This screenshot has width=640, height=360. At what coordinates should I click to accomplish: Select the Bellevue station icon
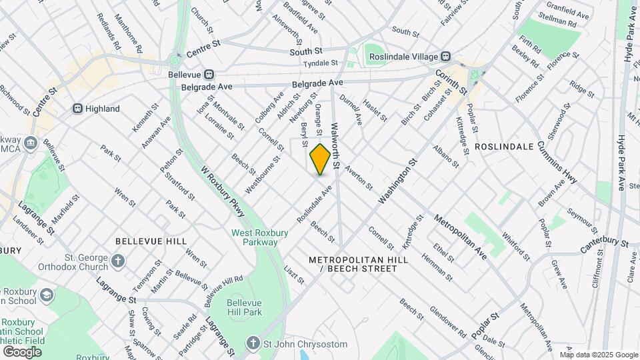point(209,74)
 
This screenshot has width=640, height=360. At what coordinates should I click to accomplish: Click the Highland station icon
point(77,109)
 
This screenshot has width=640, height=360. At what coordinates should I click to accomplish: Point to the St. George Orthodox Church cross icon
point(118,261)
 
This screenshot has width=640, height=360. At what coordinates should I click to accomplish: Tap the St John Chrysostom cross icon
point(253,343)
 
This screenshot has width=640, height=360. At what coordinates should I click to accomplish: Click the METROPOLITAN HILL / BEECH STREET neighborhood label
point(353,263)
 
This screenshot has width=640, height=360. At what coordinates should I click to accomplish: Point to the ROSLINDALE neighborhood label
point(504,146)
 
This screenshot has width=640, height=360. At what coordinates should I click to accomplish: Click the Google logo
point(22,351)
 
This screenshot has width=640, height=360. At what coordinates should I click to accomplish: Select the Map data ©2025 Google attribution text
point(598,355)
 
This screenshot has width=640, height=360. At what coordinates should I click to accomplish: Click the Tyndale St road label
point(320,63)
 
